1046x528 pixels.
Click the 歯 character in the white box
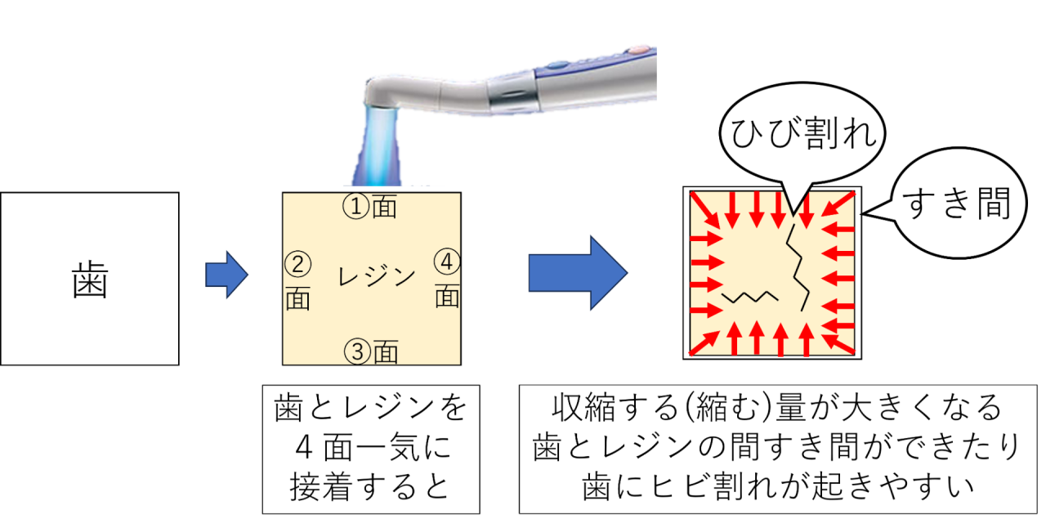click(90, 280)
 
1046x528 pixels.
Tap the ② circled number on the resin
click(297, 264)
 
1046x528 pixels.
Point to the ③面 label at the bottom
click(371, 352)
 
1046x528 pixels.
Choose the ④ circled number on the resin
click(447, 262)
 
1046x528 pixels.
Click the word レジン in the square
click(377, 278)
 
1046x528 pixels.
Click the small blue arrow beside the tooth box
click(226, 275)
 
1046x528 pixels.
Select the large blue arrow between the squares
click(577, 273)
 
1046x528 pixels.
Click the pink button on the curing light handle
click(642, 48)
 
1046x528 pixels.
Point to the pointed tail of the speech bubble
click(790, 204)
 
